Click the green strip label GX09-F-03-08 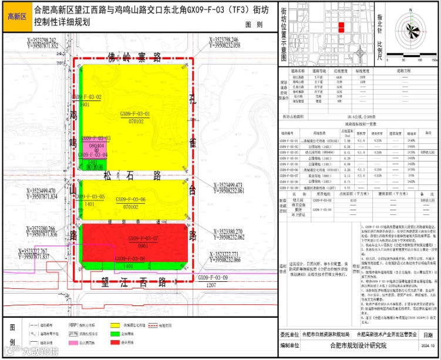point(130,258)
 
